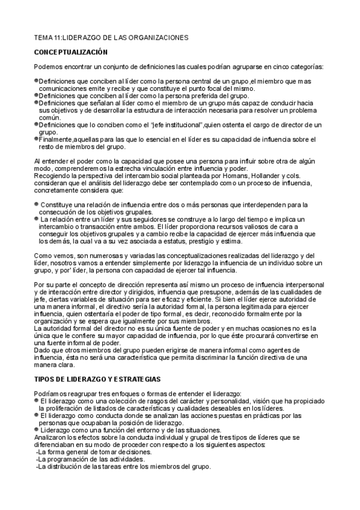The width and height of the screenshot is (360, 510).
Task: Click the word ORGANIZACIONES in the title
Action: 157,37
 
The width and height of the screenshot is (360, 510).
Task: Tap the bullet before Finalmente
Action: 36,137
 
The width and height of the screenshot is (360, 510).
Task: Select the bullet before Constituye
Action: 37,205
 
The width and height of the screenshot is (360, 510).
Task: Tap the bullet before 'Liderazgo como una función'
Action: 36,430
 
